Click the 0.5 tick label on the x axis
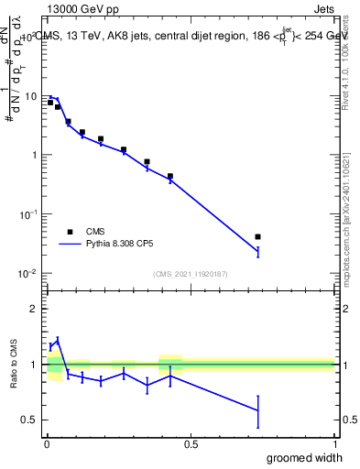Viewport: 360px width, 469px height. click(x=191, y=443)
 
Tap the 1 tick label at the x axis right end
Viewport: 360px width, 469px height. click(x=333, y=443)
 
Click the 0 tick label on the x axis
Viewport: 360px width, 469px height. click(x=47, y=443)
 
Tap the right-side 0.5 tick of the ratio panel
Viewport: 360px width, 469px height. click(x=348, y=420)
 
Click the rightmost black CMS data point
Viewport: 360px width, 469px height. click(x=257, y=237)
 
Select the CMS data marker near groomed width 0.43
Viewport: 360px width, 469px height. click(x=170, y=176)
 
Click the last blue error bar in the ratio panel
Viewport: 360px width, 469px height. click(x=257, y=411)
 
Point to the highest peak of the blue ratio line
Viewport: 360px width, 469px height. click(x=57, y=339)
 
